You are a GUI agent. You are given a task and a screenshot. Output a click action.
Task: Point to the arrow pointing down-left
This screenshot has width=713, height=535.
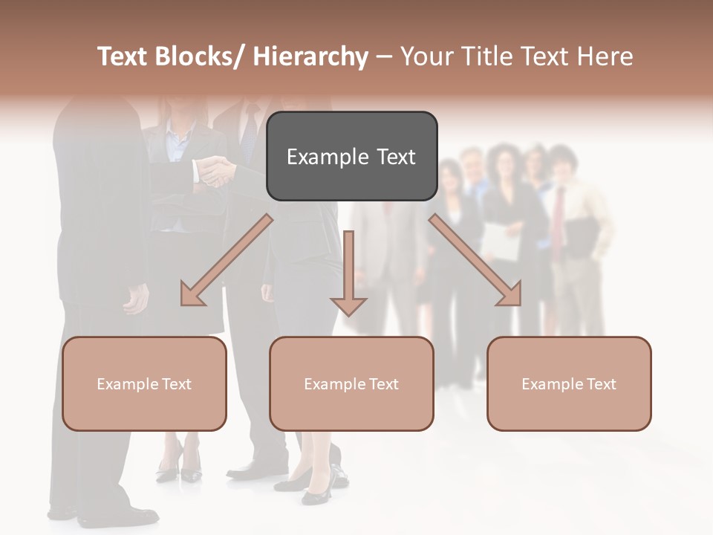[x=227, y=260]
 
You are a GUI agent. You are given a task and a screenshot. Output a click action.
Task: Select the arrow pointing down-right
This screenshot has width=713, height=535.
[x=475, y=260]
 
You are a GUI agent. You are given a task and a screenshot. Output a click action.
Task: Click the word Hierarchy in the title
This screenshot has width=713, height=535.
[x=310, y=56]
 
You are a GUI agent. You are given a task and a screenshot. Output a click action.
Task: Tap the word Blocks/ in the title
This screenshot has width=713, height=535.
[x=203, y=56]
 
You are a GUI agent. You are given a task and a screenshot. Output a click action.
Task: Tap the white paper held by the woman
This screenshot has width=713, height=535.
[x=502, y=241]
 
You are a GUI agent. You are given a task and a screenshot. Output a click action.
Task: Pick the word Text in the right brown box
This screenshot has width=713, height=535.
[x=602, y=384]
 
